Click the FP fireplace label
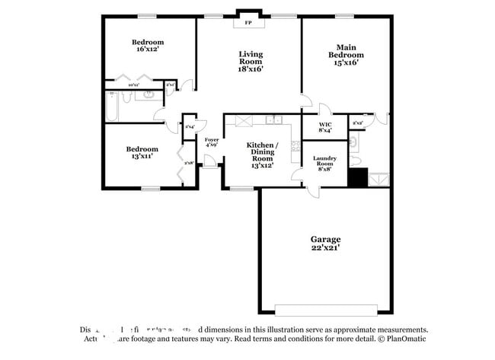point(248,24)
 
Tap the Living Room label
point(251,61)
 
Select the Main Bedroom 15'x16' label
point(346,55)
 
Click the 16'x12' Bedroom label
point(148,46)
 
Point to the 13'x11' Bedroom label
point(142,152)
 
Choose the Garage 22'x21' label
point(324,243)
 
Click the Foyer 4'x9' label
point(212,142)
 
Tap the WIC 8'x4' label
point(324,127)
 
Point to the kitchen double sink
point(274,119)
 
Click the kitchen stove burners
point(244,120)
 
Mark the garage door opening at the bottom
point(324,311)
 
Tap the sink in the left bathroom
point(149,96)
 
